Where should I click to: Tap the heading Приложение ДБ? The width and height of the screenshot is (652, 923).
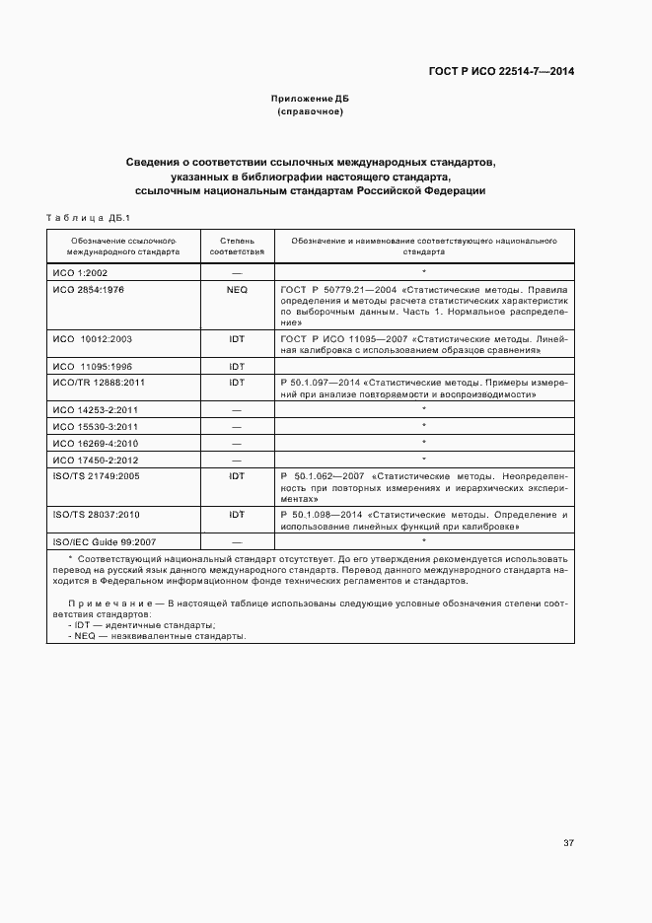click(310, 100)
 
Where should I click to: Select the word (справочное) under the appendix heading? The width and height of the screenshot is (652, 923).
click(310, 111)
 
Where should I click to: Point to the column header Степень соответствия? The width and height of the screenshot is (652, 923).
click(237, 246)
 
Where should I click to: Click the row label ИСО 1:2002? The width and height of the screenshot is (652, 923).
click(81, 271)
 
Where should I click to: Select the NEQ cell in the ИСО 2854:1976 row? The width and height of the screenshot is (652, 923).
click(237, 290)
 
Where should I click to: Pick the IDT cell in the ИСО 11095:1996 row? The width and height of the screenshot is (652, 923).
click(237, 366)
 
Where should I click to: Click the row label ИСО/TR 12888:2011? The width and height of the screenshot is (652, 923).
click(99, 382)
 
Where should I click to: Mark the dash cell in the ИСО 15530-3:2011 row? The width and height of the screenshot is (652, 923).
click(237, 427)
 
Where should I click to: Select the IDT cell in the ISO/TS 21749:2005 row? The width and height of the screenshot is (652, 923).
click(237, 476)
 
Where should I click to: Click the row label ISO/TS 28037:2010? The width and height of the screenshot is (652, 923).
click(96, 515)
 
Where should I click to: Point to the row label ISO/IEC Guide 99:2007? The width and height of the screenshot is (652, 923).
click(105, 542)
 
